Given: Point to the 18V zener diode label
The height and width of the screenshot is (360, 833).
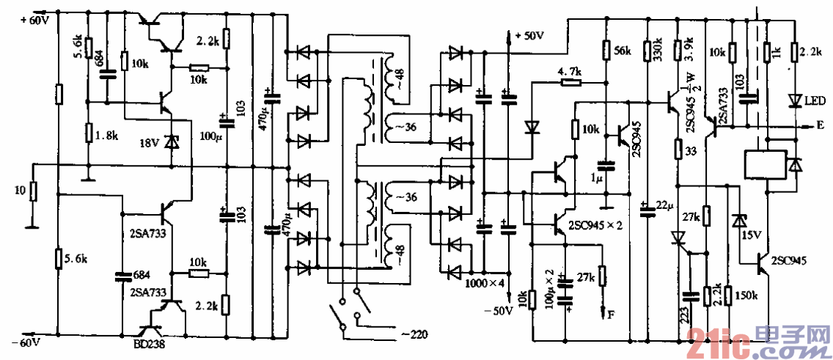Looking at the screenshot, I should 150,142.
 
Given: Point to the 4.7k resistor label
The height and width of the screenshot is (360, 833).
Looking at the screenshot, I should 569,71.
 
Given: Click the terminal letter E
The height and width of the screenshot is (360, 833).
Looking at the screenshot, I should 819,125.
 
